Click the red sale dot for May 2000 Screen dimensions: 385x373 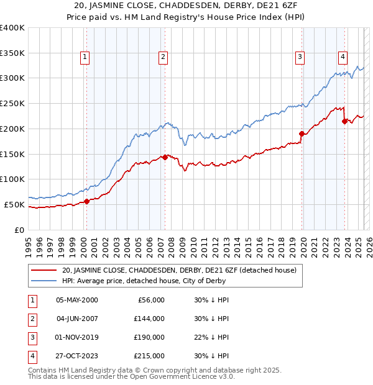tap(87, 201)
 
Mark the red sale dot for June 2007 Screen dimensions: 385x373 tap(165, 157)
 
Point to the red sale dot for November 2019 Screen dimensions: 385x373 tap(302, 134)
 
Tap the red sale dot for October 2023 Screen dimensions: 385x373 tap(344, 121)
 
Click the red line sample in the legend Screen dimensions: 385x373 tap(44, 270)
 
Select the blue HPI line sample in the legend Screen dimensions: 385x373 tap(44, 281)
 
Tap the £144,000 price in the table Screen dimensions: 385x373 tap(149, 319)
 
